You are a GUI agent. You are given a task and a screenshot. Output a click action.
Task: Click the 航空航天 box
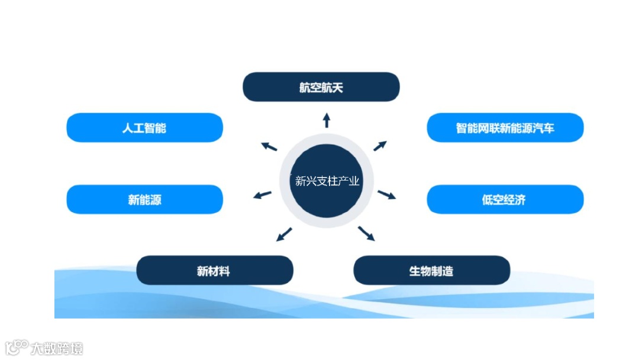(321, 87)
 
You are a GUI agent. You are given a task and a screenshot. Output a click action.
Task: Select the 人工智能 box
(144, 128)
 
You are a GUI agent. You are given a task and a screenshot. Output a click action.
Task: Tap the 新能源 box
(144, 200)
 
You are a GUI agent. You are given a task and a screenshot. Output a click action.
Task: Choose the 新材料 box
(214, 271)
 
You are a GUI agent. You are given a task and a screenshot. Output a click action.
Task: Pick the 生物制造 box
(431, 271)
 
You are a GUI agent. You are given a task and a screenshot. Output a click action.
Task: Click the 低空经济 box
(505, 200)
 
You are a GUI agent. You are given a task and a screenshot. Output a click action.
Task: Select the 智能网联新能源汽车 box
(505, 128)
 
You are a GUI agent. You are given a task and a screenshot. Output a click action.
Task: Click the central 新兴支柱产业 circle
(327, 181)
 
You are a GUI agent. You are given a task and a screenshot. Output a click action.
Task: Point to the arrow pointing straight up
(326, 120)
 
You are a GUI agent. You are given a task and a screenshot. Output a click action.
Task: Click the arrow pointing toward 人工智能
(270, 146)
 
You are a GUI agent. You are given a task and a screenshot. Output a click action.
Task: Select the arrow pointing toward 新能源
(262, 195)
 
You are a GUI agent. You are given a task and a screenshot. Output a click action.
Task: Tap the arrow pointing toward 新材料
(284, 234)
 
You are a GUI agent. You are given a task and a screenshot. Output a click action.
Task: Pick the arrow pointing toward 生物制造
(367, 233)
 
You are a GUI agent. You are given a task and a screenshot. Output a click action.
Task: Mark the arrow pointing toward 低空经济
(387, 195)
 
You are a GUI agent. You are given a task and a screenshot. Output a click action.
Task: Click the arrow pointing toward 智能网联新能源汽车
(380, 146)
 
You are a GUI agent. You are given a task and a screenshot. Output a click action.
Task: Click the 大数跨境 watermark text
(57, 348)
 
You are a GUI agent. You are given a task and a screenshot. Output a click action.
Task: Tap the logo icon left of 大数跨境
(17, 347)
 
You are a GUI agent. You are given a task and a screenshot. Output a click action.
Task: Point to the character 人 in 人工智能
(128, 128)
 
